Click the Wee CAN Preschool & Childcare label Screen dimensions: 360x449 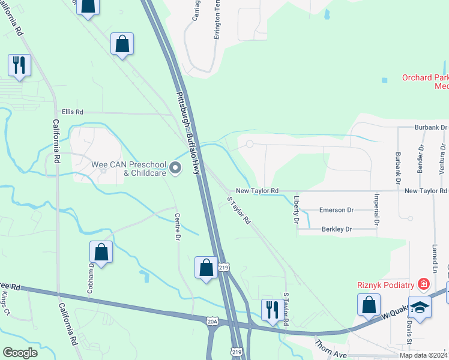pyautogui.click(x=127, y=169)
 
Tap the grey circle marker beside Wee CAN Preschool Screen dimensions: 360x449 pyautogui.click(x=175, y=169)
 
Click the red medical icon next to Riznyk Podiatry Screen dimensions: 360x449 pyautogui.click(x=424, y=284)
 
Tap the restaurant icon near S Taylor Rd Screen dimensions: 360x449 pyautogui.click(x=271, y=310)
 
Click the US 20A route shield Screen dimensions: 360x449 pyautogui.click(x=212, y=322)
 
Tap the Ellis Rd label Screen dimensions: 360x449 pyautogui.click(x=73, y=112)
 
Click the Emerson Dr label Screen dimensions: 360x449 pyautogui.click(x=336, y=210)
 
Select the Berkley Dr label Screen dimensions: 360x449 pyautogui.click(x=336, y=229)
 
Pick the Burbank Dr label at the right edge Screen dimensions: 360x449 pyautogui.click(x=431, y=128)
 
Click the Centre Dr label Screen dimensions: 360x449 pyautogui.click(x=178, y=227)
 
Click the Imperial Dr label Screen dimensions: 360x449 pyautogui.click(x=376, y=208)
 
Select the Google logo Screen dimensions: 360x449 pyautogui.click(x=20, y=353)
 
